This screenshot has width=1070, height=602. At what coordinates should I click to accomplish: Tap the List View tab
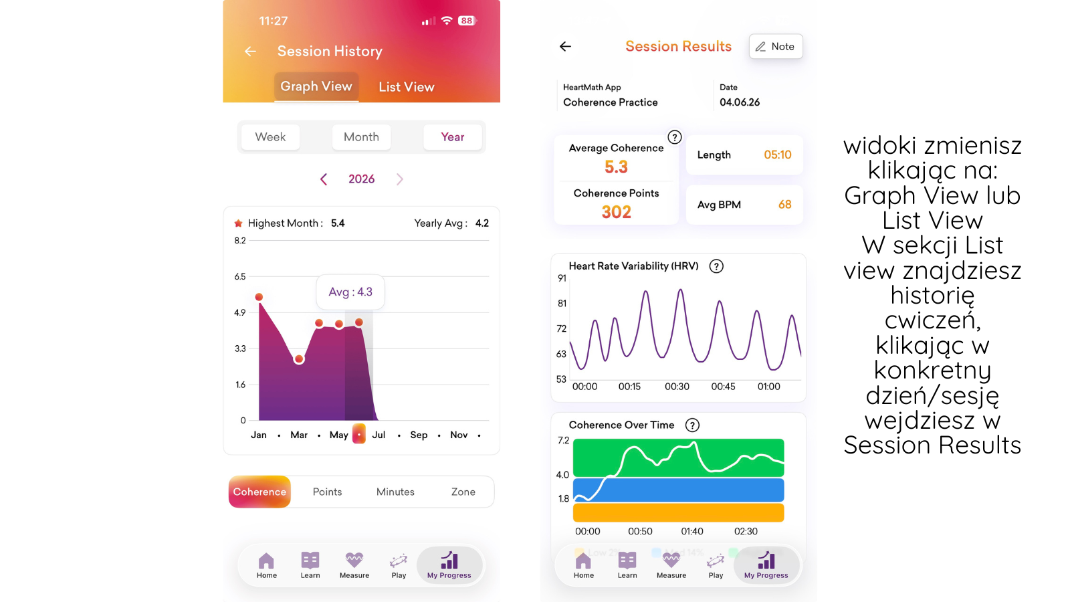[407, 87]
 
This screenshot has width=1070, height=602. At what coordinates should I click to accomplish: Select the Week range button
[270, 137]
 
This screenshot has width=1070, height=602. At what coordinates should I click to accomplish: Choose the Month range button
[361, 137]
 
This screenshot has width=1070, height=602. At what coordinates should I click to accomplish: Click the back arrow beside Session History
[250, 51]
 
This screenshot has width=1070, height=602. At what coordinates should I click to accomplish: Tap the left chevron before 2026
[324, 179]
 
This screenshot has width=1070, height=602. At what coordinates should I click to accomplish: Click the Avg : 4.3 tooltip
[350, 292]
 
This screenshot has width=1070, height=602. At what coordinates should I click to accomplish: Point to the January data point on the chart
[259, 297]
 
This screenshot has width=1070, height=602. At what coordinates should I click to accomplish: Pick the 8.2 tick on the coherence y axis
[240, 240]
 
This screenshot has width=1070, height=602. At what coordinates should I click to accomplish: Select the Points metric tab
[327, 492]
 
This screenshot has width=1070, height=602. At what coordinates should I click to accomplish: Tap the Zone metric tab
[463, 492]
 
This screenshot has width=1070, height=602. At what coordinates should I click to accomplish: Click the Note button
[776, 46]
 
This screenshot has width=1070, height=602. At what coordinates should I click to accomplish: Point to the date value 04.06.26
[740, 102]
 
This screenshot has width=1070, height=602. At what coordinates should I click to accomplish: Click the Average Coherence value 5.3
[616, 167]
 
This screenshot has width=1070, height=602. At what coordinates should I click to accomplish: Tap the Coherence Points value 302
[616, 212]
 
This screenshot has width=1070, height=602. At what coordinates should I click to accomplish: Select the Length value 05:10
[778, 155]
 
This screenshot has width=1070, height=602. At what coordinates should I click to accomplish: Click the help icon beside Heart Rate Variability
[716, 266]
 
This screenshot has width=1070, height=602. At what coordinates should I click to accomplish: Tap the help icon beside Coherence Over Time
[692, 425]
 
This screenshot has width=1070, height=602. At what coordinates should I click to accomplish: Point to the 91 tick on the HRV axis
[562, 278]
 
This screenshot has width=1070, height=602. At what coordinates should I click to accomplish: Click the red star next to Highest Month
[238, 223]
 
